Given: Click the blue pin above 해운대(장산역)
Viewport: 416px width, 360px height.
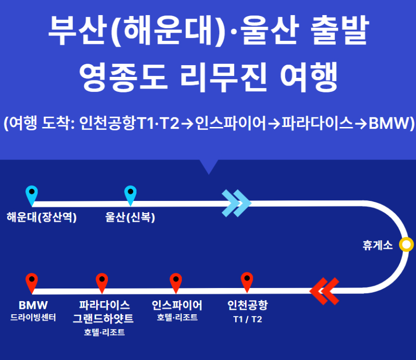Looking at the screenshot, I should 32,194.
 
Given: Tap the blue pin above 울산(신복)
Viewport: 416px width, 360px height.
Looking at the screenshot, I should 130,194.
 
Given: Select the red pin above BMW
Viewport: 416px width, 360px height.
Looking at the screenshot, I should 32,281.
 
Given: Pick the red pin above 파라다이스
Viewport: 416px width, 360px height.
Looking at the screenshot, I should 102,281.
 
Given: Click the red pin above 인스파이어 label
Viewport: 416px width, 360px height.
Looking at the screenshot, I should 175,281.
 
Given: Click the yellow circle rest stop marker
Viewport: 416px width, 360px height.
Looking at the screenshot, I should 406,244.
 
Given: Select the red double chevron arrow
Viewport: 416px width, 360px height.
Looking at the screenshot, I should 325,290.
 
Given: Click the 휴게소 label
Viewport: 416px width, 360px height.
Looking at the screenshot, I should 377,245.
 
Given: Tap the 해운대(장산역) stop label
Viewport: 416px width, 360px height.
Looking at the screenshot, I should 42,217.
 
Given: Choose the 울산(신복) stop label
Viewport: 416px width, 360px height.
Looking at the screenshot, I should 130,217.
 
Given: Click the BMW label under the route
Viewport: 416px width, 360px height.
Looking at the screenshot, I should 33,306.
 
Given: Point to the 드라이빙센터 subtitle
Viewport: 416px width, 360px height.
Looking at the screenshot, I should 33,318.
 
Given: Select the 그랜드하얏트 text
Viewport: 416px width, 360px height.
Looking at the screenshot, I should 103,319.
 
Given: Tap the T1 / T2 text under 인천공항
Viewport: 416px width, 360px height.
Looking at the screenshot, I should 247,319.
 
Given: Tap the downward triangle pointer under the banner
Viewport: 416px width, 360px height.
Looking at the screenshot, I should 209,166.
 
